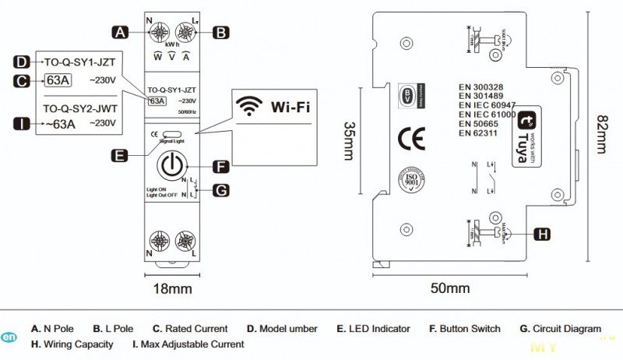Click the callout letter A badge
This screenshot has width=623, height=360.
coord(119,33)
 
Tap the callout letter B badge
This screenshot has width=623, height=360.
coord(221,33)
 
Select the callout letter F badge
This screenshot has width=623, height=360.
coord(221,166)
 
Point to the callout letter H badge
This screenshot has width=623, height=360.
coord(543,233)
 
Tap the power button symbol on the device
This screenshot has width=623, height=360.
coord(172,166)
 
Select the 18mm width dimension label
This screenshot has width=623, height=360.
coord(171,289)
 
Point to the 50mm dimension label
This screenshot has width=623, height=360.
coord(450,288)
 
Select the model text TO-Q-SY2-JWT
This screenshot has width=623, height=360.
coord(79,110)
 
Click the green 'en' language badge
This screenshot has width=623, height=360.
coord(9,337)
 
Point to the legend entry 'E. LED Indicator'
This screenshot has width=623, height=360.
coord(373,329)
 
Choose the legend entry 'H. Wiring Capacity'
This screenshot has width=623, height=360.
coord(72,344)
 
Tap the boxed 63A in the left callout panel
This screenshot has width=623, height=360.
coord(58,79)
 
